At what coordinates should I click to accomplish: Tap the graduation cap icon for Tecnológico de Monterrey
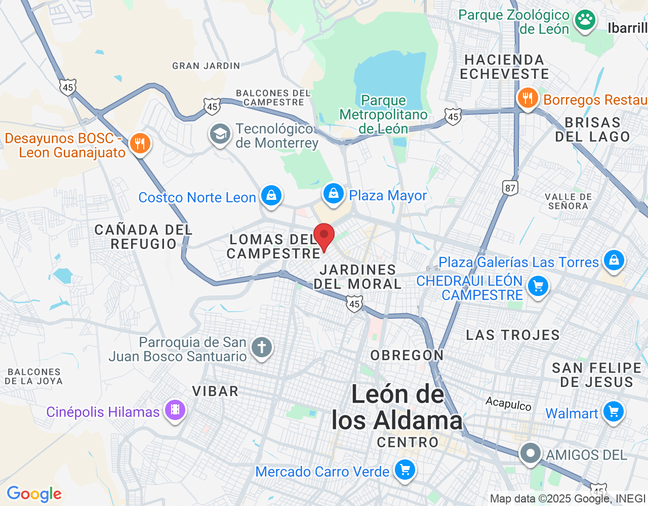(220, 135)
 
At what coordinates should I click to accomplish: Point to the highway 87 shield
(510, 188)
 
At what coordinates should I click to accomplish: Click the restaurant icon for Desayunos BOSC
(140, 144)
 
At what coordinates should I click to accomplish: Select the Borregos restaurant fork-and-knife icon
(528, 98)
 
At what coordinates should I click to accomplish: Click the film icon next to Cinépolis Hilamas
(175, 410)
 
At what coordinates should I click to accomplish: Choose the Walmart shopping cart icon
(614, 412)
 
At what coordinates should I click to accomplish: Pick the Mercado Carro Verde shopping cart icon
(404, 471)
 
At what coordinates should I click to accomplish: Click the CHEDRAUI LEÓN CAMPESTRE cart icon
(538, 286)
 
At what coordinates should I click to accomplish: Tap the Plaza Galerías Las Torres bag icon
(614, 261)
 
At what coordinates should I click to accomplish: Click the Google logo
(34, 494)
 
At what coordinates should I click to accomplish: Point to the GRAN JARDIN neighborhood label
(206, 66)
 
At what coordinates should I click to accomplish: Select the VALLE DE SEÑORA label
(568, 201)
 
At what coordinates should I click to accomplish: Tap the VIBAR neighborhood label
(215, 391)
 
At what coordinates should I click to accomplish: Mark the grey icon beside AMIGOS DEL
(530, 453)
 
